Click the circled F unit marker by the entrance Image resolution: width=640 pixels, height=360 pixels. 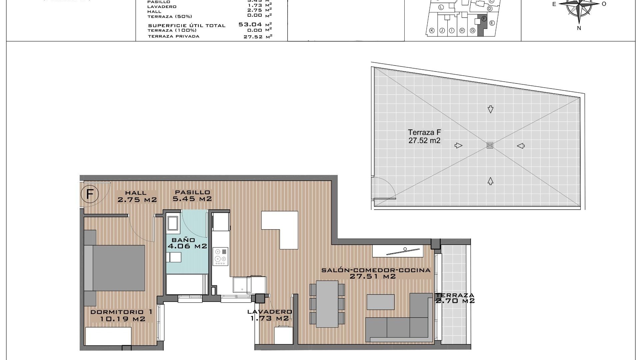tap(90, 194)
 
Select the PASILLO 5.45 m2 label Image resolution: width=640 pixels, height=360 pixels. tap(192, 196)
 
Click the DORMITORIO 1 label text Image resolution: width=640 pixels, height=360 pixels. tap(122, 312)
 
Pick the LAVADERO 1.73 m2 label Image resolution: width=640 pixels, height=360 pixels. tap(270, 315)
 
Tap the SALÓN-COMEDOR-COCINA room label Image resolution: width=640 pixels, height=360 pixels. tap(376, 273)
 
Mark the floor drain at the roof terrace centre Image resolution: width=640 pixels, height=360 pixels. tap(490, 145)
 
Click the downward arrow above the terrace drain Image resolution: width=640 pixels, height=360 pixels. tap(490, 109)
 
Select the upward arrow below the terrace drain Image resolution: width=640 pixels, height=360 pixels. tap(490, 181)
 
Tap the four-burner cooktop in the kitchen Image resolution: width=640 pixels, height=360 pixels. tap(220, 256)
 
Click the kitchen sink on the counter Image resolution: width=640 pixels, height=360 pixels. tap(243, 285)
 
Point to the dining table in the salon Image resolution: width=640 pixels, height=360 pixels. tap(327, 304)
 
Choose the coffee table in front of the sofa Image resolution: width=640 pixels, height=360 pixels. tap(380, 302)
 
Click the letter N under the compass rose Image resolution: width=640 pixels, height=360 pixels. tap(579, 28)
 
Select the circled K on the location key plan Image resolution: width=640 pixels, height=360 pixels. tap(432, 31)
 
